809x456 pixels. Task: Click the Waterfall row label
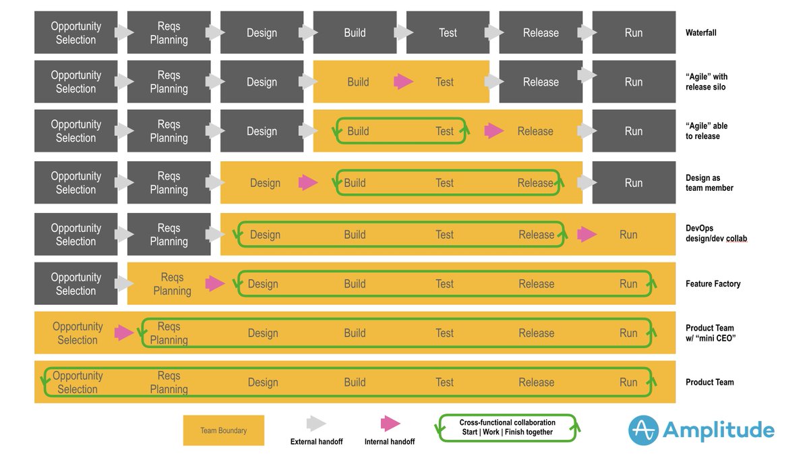point(700,32)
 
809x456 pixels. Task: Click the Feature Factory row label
point(713,284)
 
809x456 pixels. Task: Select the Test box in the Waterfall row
point(448,32)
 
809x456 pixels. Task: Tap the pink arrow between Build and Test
point(403,82)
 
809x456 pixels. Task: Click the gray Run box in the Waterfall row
point(633,32)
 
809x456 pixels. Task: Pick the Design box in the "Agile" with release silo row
point(262,82)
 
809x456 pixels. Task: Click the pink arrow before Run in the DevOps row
point(587,234)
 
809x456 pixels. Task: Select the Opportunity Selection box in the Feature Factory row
point(76,284)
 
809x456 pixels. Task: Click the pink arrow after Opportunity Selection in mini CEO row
point(124,333)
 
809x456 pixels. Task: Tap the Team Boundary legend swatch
point(223,430)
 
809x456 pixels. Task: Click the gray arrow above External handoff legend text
point(316,424)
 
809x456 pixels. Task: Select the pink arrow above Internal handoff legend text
point(390,424)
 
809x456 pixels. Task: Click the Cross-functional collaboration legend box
point(508,427)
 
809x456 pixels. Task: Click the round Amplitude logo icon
point(643,430)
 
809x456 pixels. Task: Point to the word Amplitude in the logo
point(718,430)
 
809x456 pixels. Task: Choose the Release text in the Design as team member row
point(535,183)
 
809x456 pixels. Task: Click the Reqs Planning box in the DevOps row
point(169,234)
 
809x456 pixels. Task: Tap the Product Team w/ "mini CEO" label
point(710,333)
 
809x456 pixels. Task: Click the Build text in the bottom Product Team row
point(355,382)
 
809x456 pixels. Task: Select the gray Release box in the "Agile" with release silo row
point(541,82)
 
